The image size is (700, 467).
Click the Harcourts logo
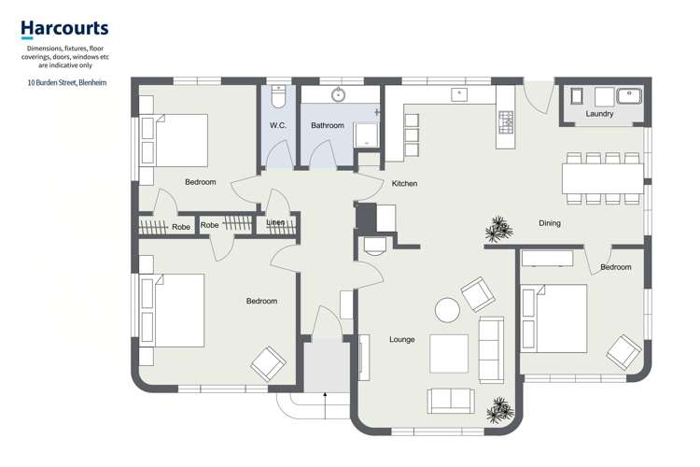click(x=64, y=29)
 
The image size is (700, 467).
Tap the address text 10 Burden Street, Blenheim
click(x=67, y=83)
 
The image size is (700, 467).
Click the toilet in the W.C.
click(x=278, y=96)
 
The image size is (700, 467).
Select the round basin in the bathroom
click(x=339, y=94)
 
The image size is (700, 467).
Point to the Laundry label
click(x=599, y=114)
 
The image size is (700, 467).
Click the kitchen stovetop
click(x=506, y=122)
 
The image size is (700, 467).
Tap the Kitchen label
click(x=404, y=183)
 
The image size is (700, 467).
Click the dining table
click(x=603, y=178)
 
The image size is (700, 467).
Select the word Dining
click(x=550, y=223)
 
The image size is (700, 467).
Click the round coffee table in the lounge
click(x=447, y=310)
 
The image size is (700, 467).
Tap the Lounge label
click(x=401, y=340)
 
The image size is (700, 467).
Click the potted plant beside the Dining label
click(x=499, y=229)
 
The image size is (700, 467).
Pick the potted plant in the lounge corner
click(x=500, y=410)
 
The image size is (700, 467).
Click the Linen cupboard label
click(x=275, y=222)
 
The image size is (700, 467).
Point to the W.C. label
click(x=278, y=125)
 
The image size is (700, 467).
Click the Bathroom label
click(x=328, y=125)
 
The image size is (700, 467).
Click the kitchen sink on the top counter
click(x=459, y=94)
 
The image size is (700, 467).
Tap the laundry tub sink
click(x=629, y=96)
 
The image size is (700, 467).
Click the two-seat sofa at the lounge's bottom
click(x=451, y=401)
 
